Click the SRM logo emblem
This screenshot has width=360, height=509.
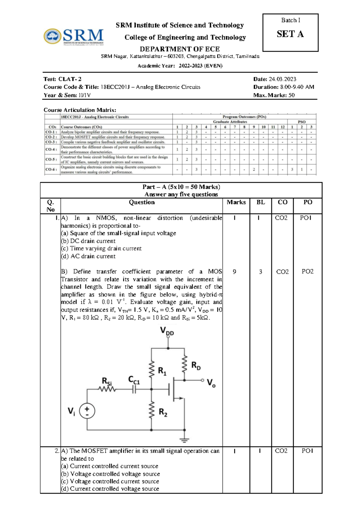pyautogui.click(x=52, y=36)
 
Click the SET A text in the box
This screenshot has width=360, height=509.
pyautogui.click(x=290, y=34)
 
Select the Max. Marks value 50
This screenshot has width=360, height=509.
pyautogui.click(x=291, y=95)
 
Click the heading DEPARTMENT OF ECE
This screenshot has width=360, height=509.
pyautogui.click(x=180, y=49)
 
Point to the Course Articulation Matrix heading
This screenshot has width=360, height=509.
pyautogui.click(x=80, y=110)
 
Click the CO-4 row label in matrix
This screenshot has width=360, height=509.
pyautogui.click(x=51, y=149)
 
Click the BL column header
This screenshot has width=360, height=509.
pyautogui.click(x=260, y=202)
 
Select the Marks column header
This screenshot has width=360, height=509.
pyautogui.click(x=236, y=202)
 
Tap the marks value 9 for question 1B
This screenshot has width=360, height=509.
pyautogui.click(x=234, y=272)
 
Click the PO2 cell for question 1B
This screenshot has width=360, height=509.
pyautogui.click(x=307, y=272)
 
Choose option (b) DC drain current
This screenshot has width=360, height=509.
pyautogui.click(x=88, y=241)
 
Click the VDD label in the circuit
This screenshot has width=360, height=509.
pyautogui.click(x=167, y=331)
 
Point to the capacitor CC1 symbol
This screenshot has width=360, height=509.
pyautogui.click(x=134, y=390)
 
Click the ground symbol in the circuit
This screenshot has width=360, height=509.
pyautogui.click(x=184, y=440)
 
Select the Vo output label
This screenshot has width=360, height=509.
pyautogui.click(x=211, y=383)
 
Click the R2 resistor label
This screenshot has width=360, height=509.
pyautogui.click(x=163, y=412)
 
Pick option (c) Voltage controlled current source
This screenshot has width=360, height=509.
pyautogui.click(x=110, y=481)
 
